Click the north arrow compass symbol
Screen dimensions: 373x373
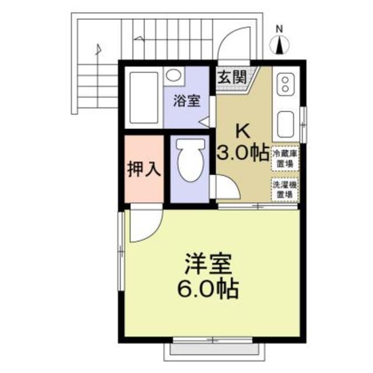[280, 44]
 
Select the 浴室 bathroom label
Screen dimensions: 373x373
[186, 100]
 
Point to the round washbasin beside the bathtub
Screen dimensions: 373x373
[173, 76]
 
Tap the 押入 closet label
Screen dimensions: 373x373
[143, 170]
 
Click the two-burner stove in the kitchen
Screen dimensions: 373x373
[286, 83]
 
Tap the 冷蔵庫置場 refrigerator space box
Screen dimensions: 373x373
[285, 157]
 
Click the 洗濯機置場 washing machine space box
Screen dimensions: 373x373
[285, 191]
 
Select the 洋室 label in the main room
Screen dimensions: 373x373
[209, 263]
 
